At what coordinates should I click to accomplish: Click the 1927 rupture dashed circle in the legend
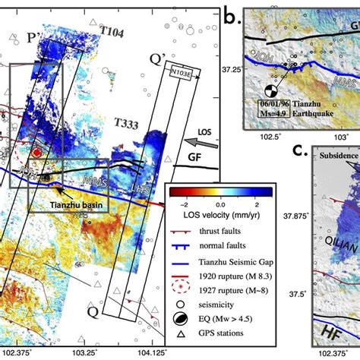click(x=183, y=289)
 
